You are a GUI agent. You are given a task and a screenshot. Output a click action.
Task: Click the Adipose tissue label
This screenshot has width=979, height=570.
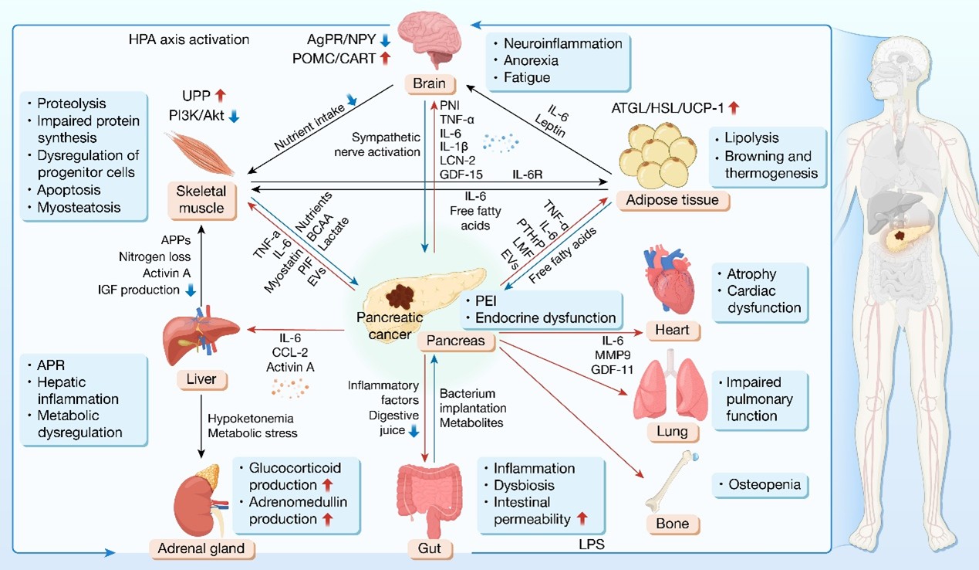click(x=673, y=201)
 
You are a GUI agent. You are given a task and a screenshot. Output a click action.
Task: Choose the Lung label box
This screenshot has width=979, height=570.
click(x=668, y=432)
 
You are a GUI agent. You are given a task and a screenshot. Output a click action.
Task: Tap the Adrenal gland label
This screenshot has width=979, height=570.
click(x=202, y=548)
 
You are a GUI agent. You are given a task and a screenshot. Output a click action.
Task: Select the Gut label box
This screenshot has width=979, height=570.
click(x=429, y=549)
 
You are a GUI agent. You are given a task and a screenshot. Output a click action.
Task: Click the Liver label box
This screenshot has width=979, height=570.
click(x=201, y=379)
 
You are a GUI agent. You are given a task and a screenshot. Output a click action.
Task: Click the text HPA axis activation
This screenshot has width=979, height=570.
click(x=189, y=38)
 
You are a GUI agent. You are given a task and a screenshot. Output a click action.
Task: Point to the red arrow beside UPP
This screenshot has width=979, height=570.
click(x=221, y=95)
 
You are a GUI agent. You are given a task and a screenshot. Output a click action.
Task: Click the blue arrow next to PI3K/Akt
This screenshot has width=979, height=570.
click(x=235, y=116)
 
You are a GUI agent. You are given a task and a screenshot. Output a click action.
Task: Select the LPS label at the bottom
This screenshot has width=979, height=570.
click(x=592, y=545)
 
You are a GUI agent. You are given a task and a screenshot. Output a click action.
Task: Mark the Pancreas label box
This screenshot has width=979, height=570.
click(x=451, y=341)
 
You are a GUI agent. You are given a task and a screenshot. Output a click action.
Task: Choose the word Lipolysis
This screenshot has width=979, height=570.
click(x=751, y=138)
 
